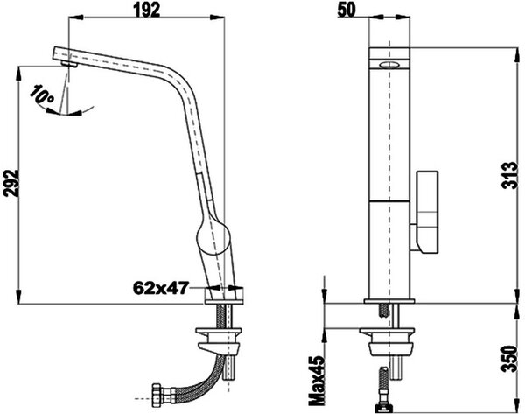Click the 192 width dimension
pos(147,10)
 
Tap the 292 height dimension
pos(11,183)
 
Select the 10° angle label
pos(42,95)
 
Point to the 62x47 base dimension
pos(161,288)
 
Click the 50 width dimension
pos(346,10)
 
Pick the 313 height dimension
pos(510,175)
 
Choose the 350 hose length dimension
pos(511,358)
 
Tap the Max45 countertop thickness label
pos(317,381)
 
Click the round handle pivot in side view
pos(213,235)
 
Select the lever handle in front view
pos(427,213)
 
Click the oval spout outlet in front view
pos(388,65)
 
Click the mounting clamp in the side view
pos(219,339)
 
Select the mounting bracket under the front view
pos(388,341)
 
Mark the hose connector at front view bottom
pos(382,408)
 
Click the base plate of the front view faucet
pos(389,301)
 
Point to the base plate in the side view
pos(224,302)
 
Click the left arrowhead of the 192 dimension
pos(75,18)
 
